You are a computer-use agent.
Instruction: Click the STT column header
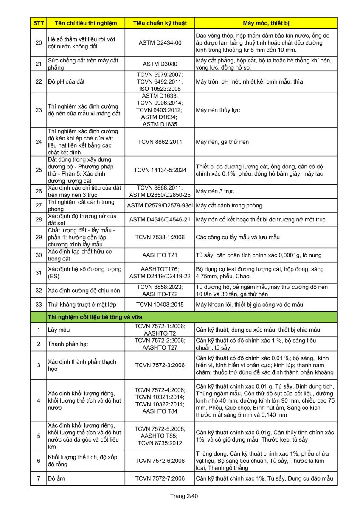(38, 23)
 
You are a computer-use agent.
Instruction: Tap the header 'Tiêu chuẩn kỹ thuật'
(160, 23)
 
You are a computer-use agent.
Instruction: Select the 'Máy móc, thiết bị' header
(266, 23)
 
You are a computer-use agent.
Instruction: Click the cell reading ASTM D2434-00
(160, 42)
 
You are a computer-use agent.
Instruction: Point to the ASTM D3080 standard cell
(160, 64)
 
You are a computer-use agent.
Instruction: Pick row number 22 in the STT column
(38, 81)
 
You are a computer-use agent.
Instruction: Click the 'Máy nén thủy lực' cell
(218, 110)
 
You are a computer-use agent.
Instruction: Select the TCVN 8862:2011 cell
(160, 142)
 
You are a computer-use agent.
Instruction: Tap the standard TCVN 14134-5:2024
(160, 170)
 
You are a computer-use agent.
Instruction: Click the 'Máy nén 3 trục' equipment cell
(215, 191)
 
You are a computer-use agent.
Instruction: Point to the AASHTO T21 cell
(160, 255)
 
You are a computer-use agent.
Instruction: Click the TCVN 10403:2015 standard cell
(160, 305)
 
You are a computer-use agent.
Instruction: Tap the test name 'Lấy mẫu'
(59, 330)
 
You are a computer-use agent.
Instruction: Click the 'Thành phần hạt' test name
(68, 344)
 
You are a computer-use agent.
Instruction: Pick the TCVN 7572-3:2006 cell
(160, 365)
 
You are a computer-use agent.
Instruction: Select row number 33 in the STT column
(38, 305)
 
